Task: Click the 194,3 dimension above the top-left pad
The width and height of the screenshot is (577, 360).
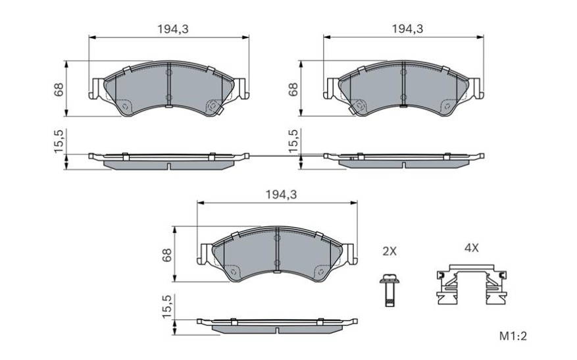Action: point(169,29)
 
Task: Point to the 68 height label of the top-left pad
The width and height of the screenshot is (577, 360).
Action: point(59,89)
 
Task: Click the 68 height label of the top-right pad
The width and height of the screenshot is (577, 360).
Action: point(293,89)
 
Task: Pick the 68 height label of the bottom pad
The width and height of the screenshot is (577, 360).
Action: point(167,255)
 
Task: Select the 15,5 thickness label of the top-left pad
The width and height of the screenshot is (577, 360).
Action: point(59,141)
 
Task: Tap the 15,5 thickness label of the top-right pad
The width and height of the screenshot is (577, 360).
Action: point(293,141)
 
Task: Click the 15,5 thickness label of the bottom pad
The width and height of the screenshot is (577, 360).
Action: point(167,307)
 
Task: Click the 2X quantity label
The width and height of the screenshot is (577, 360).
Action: point(390,251)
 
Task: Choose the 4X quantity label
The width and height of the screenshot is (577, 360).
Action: point(471,248)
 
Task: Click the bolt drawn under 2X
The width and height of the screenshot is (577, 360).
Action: point(388,290)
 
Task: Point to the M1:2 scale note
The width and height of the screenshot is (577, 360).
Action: point(513,336)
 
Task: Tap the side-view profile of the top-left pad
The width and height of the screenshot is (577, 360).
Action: point(169,160)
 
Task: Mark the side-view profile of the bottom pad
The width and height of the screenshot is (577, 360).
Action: point(278,325)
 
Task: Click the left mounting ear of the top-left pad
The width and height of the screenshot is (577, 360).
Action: point(96,89)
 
